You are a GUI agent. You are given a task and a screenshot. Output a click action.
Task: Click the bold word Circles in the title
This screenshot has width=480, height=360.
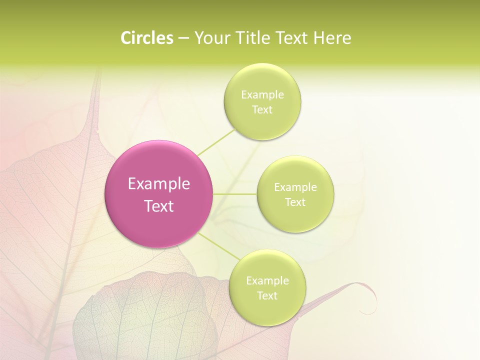(146, 38)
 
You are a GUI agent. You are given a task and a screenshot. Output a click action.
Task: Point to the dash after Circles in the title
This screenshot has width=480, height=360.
(183, 38)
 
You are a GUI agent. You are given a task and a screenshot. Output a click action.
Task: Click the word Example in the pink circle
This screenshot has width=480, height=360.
(159, 184)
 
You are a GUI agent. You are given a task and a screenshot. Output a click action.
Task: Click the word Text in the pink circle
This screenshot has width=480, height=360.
(159, 206)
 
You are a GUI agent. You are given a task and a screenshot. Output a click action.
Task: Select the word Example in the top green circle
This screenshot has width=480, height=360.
(262, 95)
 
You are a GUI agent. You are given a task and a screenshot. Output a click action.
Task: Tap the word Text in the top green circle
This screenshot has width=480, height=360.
(262, 109)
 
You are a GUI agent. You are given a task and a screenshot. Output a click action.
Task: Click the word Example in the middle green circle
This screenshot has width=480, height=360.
(295, 187)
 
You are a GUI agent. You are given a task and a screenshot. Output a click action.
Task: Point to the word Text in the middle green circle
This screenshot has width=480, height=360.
(295, 202)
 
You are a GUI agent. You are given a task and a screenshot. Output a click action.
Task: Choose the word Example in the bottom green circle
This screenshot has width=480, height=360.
(267, 281)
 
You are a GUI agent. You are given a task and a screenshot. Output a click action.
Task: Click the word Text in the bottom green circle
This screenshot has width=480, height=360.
(267, 295)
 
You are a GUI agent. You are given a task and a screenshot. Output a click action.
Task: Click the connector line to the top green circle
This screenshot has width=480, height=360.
(216, 142)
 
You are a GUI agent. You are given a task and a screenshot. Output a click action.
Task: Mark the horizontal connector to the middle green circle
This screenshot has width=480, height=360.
(235, 194)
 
